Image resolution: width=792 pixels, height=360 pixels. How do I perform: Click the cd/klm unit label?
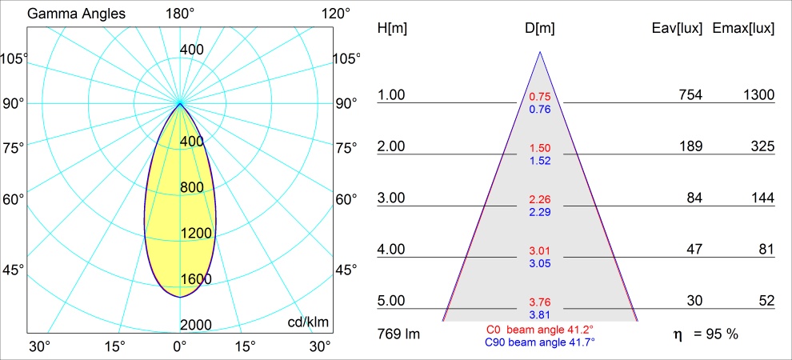click(x=309, y=322)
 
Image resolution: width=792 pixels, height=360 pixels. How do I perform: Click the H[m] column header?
click(x=392, y=29)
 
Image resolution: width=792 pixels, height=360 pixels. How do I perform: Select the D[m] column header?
click(x=540, y=29)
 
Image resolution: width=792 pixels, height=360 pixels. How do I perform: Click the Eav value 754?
click(x=690, y=95)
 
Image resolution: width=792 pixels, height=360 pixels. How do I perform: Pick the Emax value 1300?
click(x=758, y=95)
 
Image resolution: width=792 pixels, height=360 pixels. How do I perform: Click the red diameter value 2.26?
click(x=540, y=199)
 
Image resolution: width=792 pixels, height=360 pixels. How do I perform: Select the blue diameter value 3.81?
click(x=540, y=314)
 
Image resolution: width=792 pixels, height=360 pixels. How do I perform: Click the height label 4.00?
click(x=392, y=250)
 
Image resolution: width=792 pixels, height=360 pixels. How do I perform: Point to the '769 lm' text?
click(x=398, y=333)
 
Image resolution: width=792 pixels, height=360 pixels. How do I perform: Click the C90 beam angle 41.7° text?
click(x=540, y=342)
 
